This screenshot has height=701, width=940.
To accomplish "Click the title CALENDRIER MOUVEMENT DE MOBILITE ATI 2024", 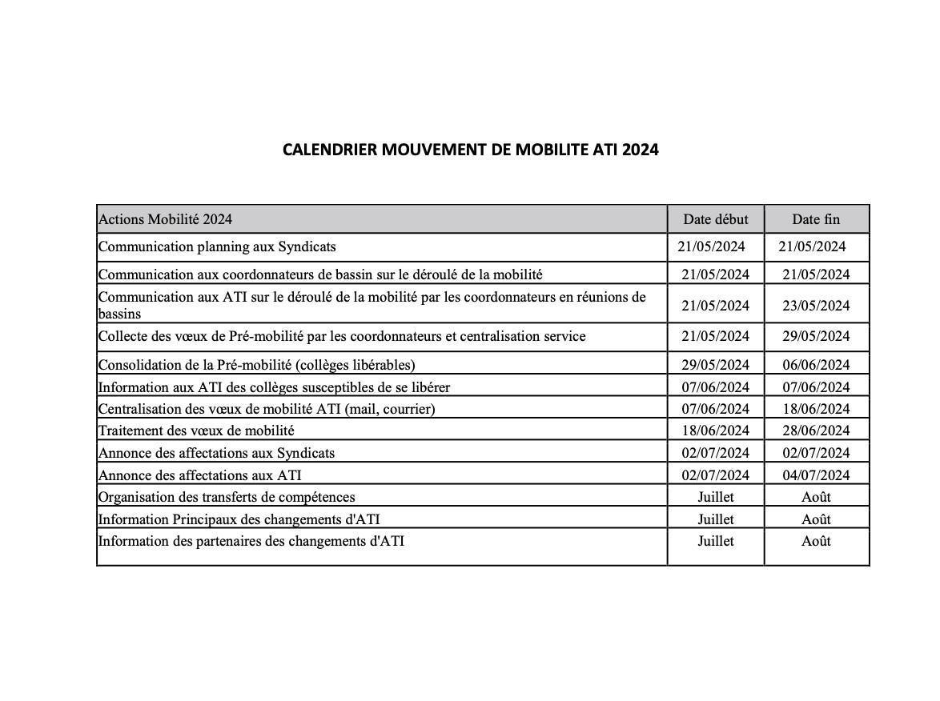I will click(470, 150).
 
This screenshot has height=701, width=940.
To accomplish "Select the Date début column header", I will click(715, 219).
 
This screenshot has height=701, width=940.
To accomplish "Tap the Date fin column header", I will click(816, 219).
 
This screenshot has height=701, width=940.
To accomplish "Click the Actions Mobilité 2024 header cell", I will click(165, 219).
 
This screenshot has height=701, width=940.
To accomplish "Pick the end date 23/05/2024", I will click(816, 306).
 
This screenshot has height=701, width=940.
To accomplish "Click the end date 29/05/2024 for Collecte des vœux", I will click(816, 336).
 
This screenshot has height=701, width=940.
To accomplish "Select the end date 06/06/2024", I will click(816, 365).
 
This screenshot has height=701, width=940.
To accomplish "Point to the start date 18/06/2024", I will click(715, 431).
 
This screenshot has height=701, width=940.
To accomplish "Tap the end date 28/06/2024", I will click(816, 431).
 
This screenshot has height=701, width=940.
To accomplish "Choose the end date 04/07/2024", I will click(816, 475).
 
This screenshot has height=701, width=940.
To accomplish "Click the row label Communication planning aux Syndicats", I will click(217, 246).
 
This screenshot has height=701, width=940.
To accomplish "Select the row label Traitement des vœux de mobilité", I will click(196, 431).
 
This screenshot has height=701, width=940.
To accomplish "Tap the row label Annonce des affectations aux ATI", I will click(199, 475).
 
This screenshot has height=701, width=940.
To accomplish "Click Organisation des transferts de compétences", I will click(227, 497).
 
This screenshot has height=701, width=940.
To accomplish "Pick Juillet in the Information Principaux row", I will click(715, 519).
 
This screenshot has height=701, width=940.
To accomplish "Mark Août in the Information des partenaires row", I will click(816, 541).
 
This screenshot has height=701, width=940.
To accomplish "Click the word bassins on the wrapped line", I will click(119, 314).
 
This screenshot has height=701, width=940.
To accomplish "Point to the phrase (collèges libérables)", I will click(355, 365).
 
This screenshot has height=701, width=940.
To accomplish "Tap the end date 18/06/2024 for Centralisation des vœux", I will click(816, 409).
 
